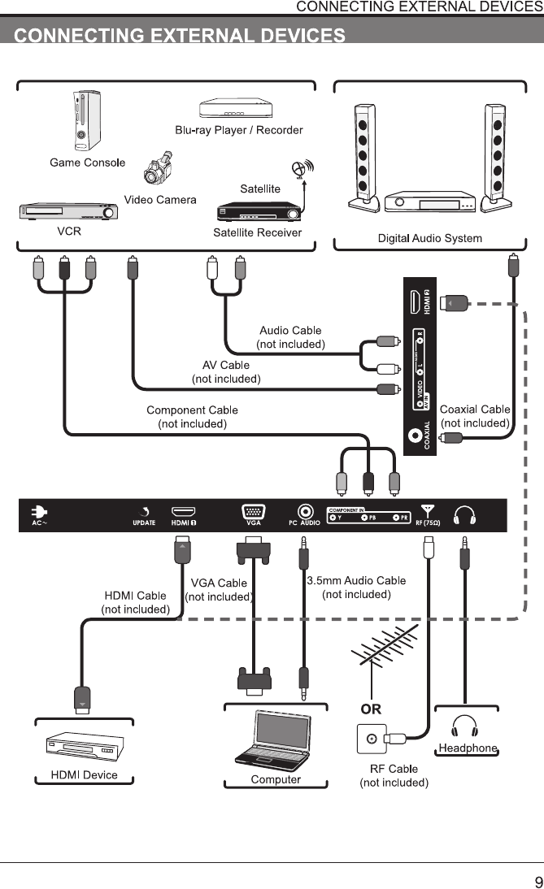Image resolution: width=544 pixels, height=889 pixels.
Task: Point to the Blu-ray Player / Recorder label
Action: [239, 130]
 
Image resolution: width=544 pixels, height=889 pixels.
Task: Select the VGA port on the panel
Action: [253, 512]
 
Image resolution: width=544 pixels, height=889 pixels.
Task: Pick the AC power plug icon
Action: [39, 512]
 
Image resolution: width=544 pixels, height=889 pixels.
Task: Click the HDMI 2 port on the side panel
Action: [416, 303]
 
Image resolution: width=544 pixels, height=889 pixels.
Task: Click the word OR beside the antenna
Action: [371, 709]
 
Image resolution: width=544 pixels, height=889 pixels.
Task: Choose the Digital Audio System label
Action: [430, 238]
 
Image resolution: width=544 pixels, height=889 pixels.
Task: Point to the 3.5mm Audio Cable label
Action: [356, 580]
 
